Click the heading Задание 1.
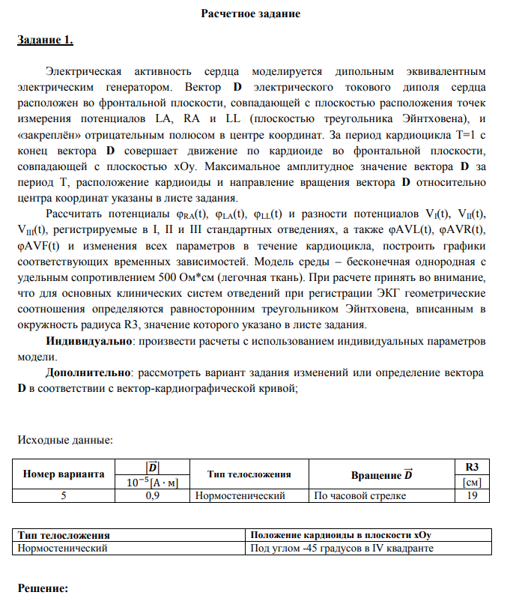(45, 40)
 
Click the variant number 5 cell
(63, 495)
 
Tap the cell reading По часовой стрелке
(359, 495)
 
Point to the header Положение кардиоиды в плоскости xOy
(342, 534)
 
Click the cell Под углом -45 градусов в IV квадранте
(341, 548)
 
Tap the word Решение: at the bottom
(43, 589)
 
